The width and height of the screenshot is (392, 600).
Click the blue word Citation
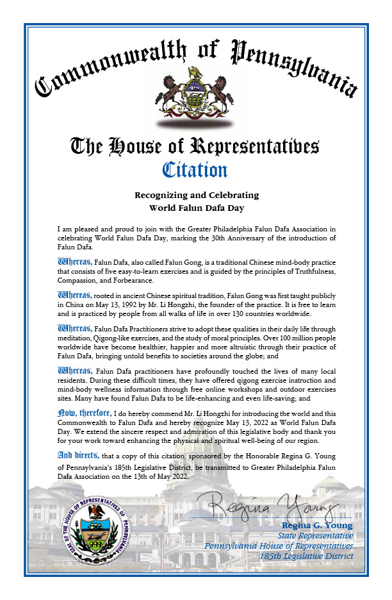(195, 170)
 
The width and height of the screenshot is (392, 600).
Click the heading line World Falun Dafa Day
(196, 207)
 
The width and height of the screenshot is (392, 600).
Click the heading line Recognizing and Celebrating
(196, 195)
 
